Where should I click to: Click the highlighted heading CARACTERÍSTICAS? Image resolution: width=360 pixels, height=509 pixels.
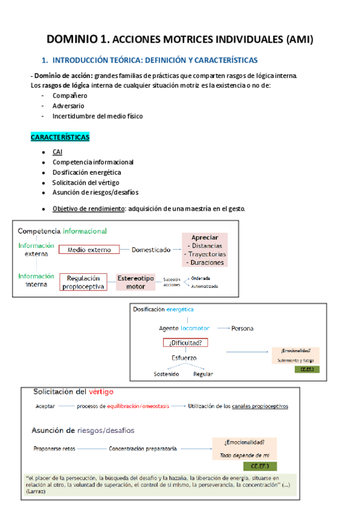tap(59, 137)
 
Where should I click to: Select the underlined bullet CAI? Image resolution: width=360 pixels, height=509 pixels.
tap(58, 152)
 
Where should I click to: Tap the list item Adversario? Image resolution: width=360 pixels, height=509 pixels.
tap(69, 106)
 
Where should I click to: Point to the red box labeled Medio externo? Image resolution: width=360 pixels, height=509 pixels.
tap(89, 250)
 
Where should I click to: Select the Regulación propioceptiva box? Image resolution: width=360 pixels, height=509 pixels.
tap(83, 282)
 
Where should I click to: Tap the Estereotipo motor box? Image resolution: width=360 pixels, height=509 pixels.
tap(136, 282)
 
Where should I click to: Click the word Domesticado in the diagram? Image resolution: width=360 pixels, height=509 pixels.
tap(151, 250)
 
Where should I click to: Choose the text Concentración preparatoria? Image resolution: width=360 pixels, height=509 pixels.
tap(142, 448)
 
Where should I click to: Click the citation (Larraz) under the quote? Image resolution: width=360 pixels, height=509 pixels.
tap(35, 490)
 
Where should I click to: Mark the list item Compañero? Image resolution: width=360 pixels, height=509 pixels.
tap(70, 95)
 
